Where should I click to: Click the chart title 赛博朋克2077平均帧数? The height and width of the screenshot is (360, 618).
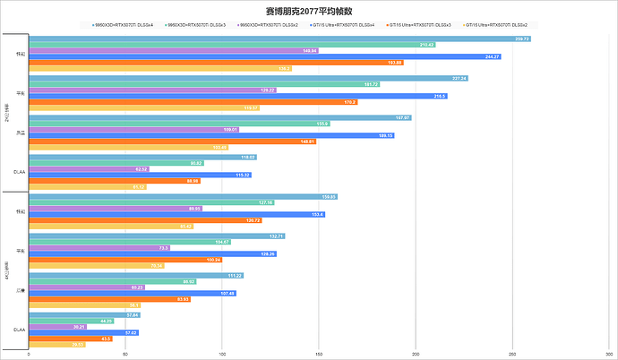[x=309, y=11]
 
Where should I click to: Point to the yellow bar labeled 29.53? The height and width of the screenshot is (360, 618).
[x=57, y=344]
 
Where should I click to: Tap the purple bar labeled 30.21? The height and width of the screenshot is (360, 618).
[x=57, y=327]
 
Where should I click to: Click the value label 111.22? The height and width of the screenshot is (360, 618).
[x=235, y=275]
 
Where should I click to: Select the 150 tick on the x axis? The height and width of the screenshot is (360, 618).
[x=319, y=354]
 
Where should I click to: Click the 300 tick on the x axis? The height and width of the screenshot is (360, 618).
[x=608, y=354]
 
